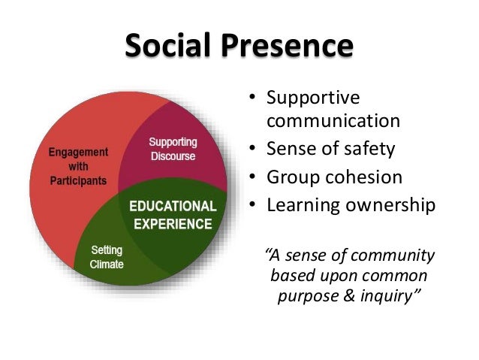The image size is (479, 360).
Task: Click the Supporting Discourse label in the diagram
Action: [x=172, y=150]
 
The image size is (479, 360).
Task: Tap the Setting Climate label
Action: [x=107, y=258]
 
